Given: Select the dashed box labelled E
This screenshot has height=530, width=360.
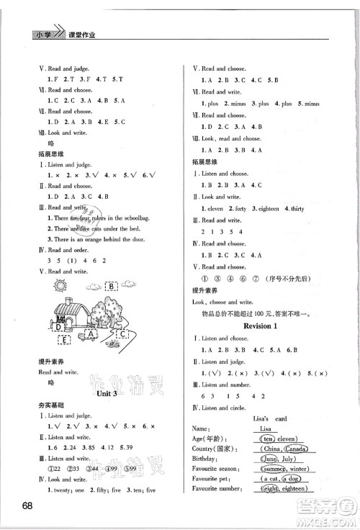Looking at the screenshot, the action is [63, 340].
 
